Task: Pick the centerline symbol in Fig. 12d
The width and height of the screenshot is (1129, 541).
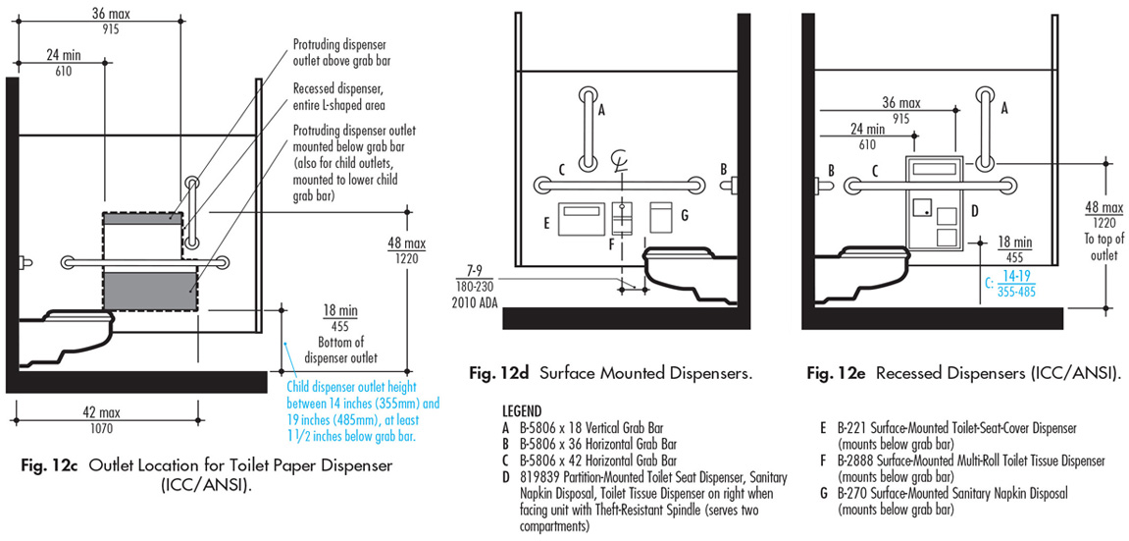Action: (619, 160)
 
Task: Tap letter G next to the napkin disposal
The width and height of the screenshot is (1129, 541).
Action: (684, 214)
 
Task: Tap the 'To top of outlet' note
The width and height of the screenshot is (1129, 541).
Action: (1103, 246)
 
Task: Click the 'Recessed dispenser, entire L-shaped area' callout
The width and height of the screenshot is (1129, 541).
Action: (337, 95)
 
